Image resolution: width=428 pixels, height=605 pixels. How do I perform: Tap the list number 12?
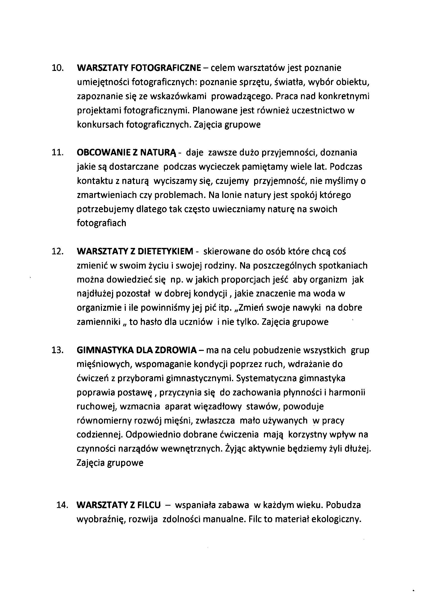tap(57, 251)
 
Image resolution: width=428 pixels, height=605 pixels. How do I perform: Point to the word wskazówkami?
tap(178, 97)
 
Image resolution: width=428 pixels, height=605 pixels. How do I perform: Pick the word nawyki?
tap(308, 308)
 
